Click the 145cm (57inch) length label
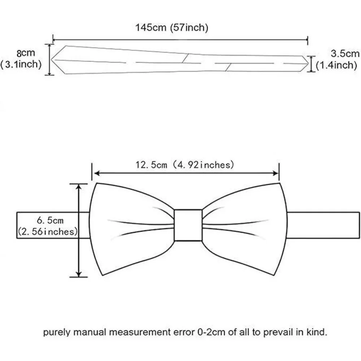172,28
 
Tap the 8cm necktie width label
26,53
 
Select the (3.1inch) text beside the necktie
21,64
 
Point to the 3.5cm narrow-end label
345,54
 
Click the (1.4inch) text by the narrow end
336,65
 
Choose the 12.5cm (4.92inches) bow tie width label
184,165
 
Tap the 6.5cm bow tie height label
50,221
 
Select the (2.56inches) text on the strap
48,232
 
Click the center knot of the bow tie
188,225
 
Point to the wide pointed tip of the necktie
51,60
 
